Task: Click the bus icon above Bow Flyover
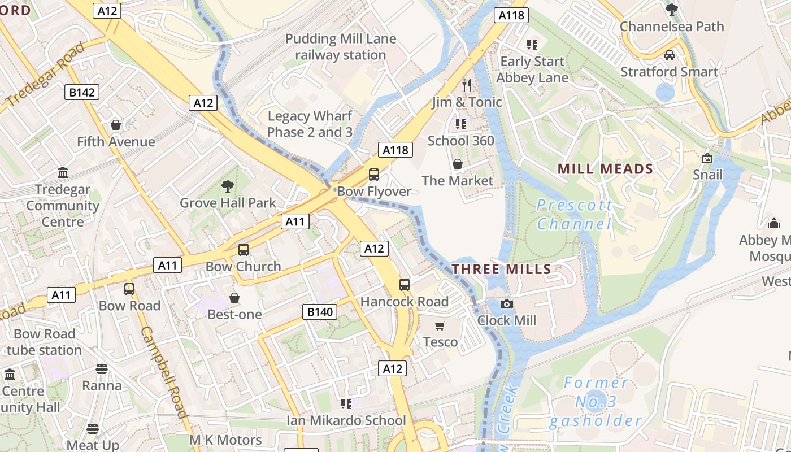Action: [373, 175]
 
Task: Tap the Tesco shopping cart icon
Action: [440, 325]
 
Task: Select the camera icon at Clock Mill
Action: [507, 305]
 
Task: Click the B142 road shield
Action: [82, 92]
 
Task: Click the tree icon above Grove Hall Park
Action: [228, 186]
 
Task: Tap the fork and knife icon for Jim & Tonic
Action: [467, 85]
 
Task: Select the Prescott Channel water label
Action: [574, 215]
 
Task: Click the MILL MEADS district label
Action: [605, 168]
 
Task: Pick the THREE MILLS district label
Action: [501, 269]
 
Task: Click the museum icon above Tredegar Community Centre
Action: [63, 172]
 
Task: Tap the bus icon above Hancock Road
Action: [405, 285]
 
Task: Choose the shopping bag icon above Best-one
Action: [234, 298]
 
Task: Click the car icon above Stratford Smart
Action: [670, 55]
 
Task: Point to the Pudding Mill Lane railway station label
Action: [341, 47]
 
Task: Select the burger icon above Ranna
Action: [102, 369]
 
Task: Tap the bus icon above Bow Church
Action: [244, 250]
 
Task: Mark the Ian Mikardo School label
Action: [346, 420]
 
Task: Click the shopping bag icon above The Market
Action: [458, 164]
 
